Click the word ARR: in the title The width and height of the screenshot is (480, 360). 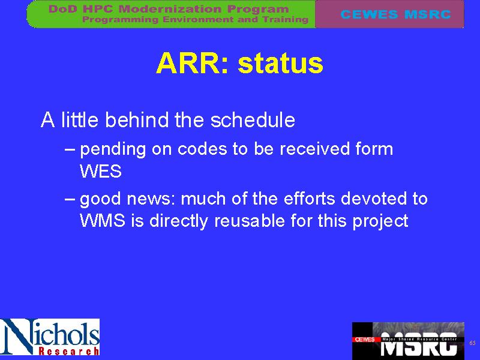[192, 63]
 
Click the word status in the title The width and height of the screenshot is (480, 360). [280, 63]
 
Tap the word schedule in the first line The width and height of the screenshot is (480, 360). [253, 119]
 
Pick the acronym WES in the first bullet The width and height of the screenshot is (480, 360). [101, 171]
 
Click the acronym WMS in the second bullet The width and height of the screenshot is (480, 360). [103, 220]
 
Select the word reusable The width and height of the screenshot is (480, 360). [250, 220]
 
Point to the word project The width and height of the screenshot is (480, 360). [380, 221]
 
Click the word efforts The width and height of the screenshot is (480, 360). [310, 198]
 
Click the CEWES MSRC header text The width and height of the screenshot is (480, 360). [395, 14]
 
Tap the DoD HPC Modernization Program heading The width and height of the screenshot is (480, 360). [169, 9]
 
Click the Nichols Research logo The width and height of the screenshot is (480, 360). [50, 337]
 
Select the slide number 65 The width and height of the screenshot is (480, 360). [472, 343]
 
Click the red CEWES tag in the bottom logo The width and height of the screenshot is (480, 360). [365, 339]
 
